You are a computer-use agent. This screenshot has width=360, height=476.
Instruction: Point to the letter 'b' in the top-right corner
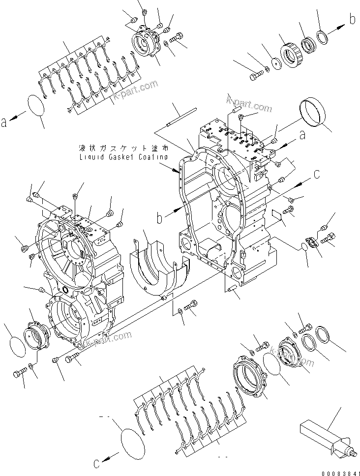(352, 20)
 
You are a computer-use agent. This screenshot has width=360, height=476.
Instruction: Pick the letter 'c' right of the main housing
(317, 173)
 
